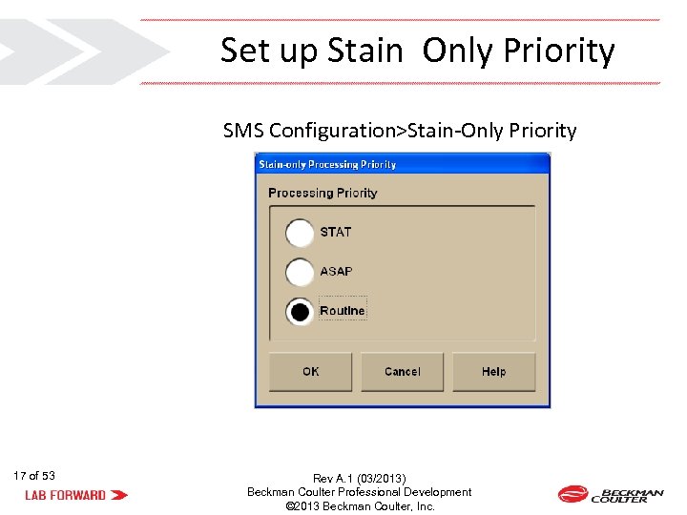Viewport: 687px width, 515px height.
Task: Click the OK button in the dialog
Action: [311, 372]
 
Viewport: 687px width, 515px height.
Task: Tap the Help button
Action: [493, 372]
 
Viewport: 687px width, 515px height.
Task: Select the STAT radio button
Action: [300, 233]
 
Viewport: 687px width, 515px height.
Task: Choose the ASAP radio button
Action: [300, 272]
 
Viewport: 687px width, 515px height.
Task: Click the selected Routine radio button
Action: [300, 312]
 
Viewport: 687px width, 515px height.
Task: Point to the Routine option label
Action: [343, 311]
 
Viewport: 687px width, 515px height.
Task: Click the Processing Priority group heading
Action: [323, 193]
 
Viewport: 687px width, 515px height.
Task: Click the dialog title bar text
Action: [327, 164]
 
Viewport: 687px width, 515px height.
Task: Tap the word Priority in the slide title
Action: [556, 51]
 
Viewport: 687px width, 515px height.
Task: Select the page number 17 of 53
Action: [34, 476]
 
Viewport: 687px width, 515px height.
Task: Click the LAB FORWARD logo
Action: [76, 495]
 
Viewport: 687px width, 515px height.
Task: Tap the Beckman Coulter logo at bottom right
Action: [611, 494]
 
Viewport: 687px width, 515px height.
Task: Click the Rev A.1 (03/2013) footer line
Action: [359, 478]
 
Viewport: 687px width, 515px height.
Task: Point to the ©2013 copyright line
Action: [360, 506]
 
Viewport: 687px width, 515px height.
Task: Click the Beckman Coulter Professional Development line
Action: [359, 492]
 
